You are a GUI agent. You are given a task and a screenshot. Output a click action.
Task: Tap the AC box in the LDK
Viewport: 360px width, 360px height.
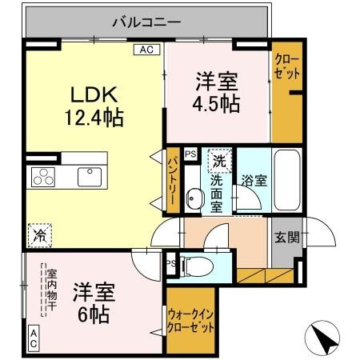coord(146,50)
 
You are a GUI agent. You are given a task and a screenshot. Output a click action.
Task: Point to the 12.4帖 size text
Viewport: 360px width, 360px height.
coord(94,118)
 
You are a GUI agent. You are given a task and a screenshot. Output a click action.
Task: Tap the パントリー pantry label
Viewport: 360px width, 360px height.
coord(172,182)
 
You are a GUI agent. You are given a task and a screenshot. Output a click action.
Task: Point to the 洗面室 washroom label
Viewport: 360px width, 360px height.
coord(217,194)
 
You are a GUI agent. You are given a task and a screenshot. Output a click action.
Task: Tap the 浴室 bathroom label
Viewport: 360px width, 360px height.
coord(254,181)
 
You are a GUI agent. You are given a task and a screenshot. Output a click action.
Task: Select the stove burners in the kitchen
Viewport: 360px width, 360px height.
coord(42,176)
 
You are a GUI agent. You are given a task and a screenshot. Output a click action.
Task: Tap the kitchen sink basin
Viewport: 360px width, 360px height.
coord(88,175)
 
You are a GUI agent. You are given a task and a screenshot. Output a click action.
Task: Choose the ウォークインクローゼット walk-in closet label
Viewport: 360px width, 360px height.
coord(191,320)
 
